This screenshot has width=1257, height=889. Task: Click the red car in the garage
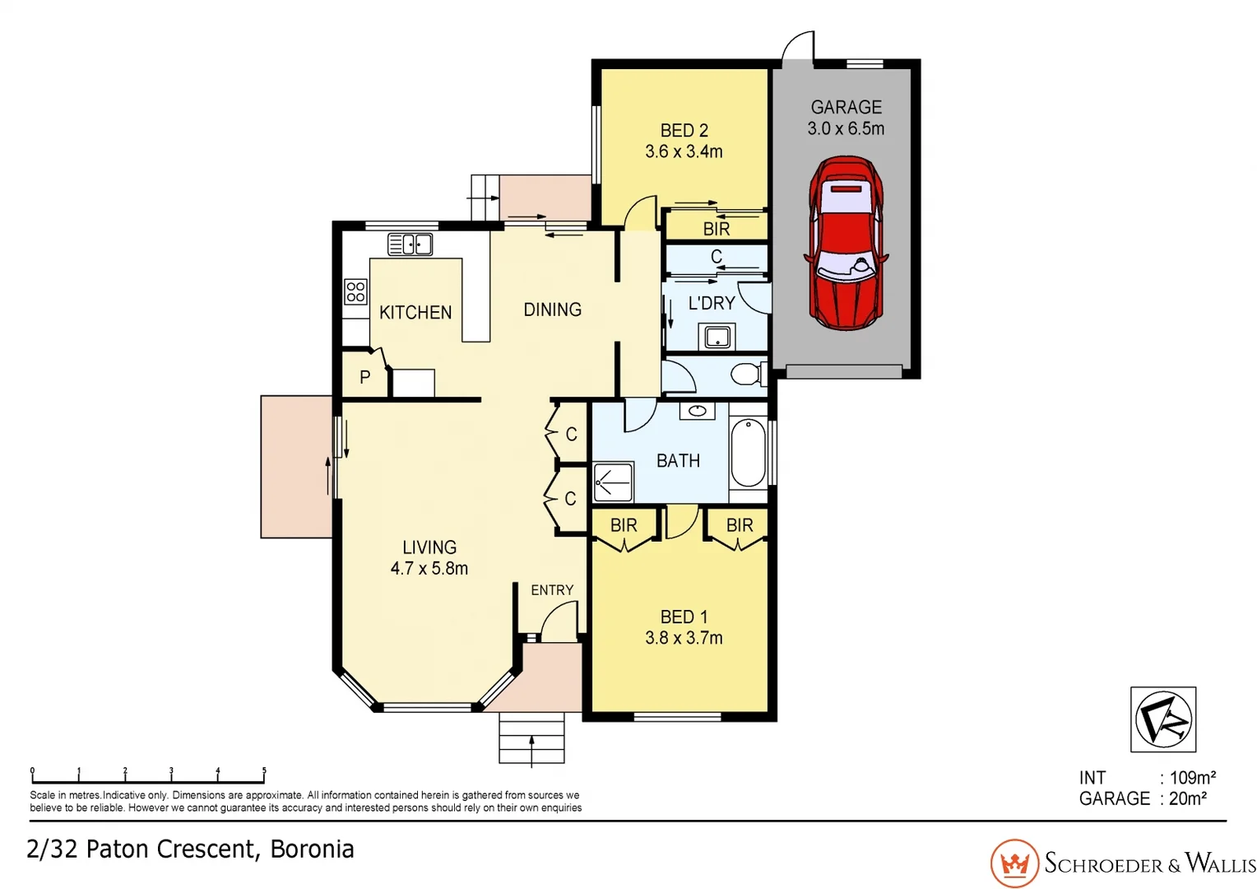coord(846,244)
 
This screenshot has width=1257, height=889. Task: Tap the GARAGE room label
coord(846,107)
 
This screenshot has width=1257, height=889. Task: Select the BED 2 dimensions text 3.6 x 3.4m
coord(684,151)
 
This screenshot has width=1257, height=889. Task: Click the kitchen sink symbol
coord(410,244)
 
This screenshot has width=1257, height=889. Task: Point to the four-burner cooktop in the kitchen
coord(355,291)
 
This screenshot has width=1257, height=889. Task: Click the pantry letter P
coord(364,377)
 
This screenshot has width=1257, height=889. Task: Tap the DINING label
coord(552,310)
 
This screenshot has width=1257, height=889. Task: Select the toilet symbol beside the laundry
coord(747,375)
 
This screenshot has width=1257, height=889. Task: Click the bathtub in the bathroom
coord(748,453)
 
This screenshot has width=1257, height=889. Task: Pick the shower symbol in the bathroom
coord(614,482)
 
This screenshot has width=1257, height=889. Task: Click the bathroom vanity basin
coord(697,411)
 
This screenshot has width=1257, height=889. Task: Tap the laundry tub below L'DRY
coord(717,337)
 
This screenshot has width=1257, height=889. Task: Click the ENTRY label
coord(551,590)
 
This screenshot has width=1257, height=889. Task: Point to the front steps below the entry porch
coord(531,737)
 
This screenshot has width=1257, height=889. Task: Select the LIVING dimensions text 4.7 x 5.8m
coord(429,568)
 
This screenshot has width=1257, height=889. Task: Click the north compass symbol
coord(1162,719)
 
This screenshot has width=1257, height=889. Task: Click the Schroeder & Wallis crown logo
coord(1014,863)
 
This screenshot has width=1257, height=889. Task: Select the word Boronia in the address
coord(312,849)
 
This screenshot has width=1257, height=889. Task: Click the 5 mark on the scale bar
coord(264,773)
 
